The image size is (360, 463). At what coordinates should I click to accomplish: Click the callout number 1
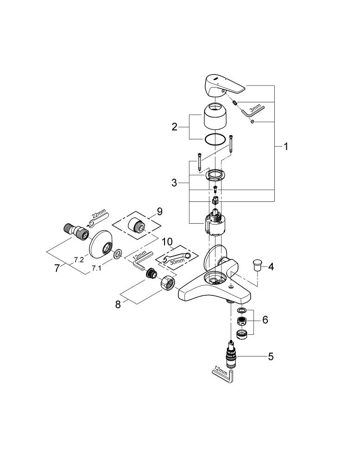click(x=286, y=147)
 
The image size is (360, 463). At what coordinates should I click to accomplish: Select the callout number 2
click(x=175, y=126)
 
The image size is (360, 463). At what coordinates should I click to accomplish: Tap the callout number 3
click(x=174, y=183)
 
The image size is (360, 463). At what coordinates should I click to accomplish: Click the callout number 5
click(x=271, y=357)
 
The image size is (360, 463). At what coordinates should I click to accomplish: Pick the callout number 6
click(x=265, y=320)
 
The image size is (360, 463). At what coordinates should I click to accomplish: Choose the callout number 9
click(x=159, y=211)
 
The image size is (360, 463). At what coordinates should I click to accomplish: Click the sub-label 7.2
click(x=78, y=260)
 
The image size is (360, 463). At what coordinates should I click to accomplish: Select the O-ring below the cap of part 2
click(x=217, y=139)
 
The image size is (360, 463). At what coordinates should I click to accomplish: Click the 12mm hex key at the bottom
click(x=225, y=374)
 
